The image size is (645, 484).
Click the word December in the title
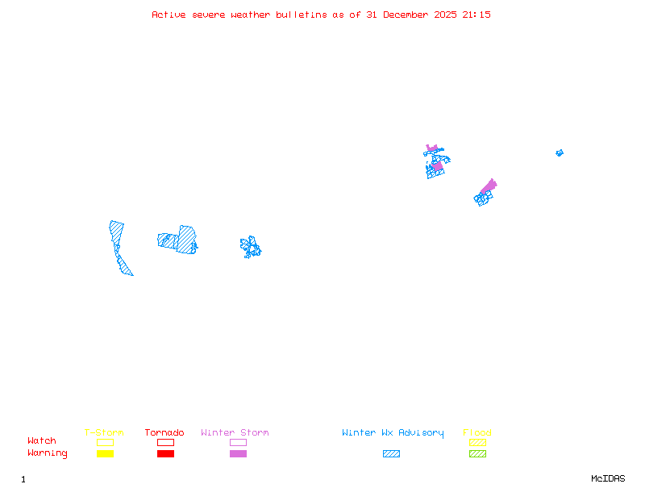pos(410,15)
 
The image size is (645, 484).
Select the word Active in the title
pos(169,15)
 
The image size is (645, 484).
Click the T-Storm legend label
pos(104,433)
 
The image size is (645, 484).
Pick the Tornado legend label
pos(164,433)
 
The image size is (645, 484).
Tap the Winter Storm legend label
pos(235,433)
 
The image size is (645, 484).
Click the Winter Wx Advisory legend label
pos(393,433)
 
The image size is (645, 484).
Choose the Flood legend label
pos(477,433)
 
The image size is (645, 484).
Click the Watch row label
pos(42,441)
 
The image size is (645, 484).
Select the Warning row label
pos(48,453)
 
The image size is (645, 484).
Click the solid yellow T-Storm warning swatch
pos(105,453)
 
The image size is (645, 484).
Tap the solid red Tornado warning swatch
pos(165,453)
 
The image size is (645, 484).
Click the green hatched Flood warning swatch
pos(477,453)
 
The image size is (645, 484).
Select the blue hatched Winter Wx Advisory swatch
pos(391,453)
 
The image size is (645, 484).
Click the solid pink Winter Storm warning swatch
pos(238,453)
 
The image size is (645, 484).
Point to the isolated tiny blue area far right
pos(559,152)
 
